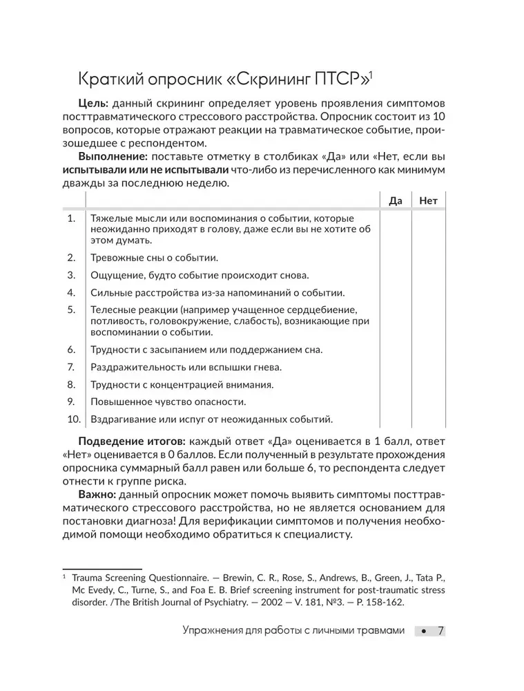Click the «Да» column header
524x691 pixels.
[x=396, y=201]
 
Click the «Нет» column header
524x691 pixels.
[x=428, y=201]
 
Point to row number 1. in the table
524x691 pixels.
[x=70, y=218]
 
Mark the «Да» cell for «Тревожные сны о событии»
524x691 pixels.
[x=396, y=258]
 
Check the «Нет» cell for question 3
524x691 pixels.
[x=428, y=274]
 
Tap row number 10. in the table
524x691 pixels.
[x=73, y=419]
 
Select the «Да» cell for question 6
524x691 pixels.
[x=396, y=350]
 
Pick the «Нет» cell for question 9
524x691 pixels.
[x=428, y=401]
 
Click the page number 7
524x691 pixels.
[x=440, y=631]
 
